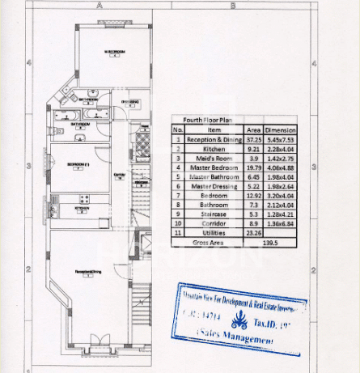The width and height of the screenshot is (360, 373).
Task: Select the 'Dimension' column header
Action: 281,129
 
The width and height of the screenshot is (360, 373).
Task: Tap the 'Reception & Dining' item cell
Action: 214,139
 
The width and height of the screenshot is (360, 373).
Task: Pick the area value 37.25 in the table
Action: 252,139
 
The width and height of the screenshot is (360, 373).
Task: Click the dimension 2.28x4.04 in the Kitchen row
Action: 281,149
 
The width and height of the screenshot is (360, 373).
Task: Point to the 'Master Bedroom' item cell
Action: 214,167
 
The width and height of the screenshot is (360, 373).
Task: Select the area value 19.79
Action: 252,167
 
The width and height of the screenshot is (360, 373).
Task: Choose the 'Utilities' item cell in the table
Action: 214,233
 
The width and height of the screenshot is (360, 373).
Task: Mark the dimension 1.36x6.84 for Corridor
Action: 281,223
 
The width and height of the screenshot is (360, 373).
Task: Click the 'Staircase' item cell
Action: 214,214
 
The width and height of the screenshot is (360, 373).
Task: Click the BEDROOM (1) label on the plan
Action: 78,165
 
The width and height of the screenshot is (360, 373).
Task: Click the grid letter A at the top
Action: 101,5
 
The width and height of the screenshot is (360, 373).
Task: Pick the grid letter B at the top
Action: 232,5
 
